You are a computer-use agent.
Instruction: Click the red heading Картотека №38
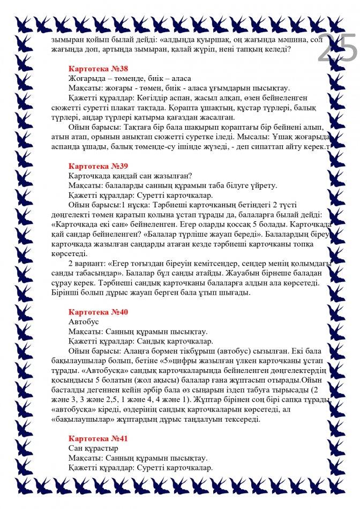point(98,69)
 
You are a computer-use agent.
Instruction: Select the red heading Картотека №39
point(98,166)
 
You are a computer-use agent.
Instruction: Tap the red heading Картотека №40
point(98,312)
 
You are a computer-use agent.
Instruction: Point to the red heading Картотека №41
point(98,438)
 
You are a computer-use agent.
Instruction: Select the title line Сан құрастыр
point(93,448)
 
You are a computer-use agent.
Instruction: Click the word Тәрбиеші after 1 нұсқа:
point(145,205)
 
